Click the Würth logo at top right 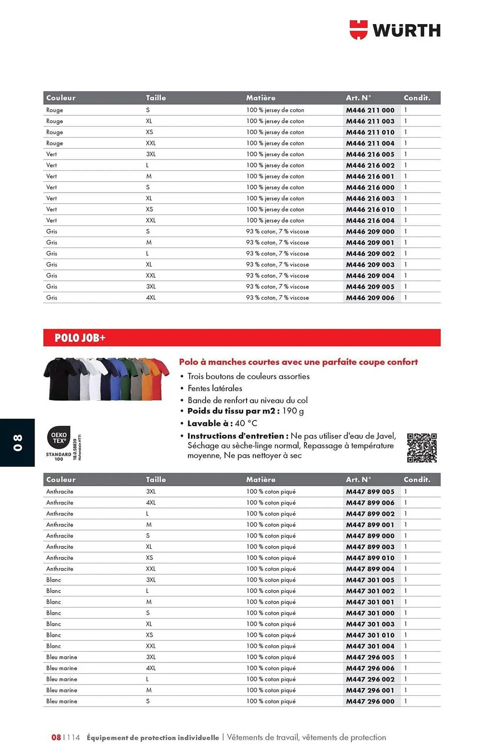click(395, 30)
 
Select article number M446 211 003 click(370, 121)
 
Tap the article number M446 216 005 click(370, 154)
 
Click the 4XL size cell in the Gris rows click(151, 297)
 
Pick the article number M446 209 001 click(370, 242)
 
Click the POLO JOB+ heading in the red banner click(80, 338)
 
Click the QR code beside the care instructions click(422, 448)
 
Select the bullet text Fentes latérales click(215, 388)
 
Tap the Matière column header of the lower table click(260, 480)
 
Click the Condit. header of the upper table click(417, 98)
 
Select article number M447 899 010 click(370, 558)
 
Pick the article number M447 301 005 click(370, 580)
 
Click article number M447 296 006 click(370, 668)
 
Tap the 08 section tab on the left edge click(18, 442)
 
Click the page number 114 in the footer click(73, 737)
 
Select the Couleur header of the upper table click(61, 98)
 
